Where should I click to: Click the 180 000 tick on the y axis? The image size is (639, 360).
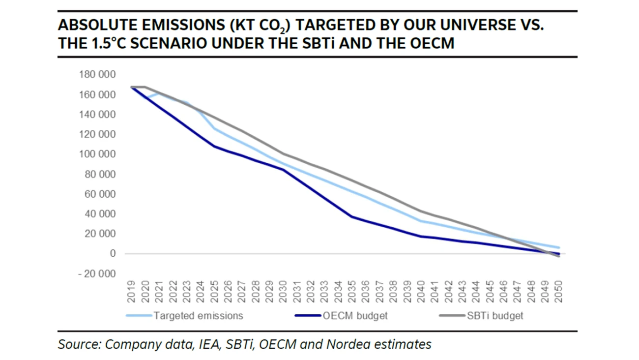[x=97, y=75]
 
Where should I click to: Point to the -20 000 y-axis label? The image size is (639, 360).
[x=97, y=273]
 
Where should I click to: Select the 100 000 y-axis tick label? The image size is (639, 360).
[x=97, y=154]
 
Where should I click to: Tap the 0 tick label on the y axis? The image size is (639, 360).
[x=113, y=254]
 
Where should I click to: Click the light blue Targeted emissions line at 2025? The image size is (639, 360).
[x=214, y=129]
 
